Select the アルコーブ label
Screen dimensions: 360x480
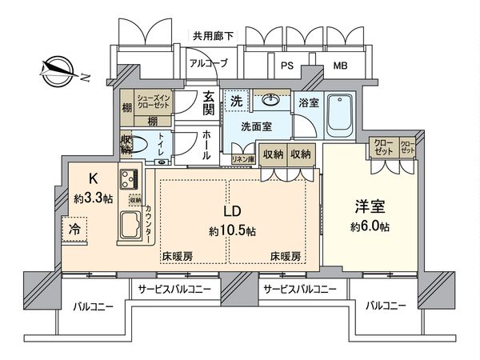(208, 63)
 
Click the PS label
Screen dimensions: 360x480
(285, 66)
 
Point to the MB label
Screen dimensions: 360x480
(339, 66)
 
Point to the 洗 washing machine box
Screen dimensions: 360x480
(237, 101)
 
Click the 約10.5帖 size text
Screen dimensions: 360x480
(228, 231)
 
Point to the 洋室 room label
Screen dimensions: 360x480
(370, 206)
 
